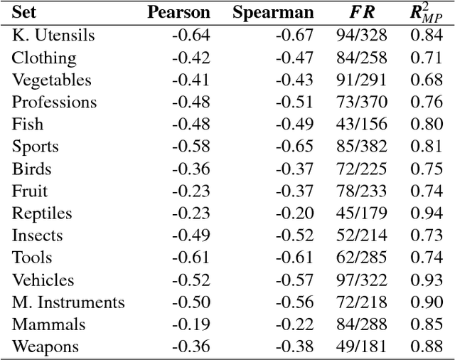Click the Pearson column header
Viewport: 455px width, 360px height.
(178, 12)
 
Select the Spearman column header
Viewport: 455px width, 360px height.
(273, 12)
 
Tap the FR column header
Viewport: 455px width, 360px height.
(359, 12)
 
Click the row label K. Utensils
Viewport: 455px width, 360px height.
(53, 36)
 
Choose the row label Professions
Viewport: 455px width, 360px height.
(54, 102)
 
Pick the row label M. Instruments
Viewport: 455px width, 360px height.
(68, 302)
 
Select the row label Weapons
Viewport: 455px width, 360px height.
(45, 347)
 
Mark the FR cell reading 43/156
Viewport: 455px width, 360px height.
(359, 125)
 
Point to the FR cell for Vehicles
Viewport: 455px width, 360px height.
(359, 280)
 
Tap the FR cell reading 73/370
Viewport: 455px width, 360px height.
(359, 102)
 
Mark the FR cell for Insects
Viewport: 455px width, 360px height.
(359, 235)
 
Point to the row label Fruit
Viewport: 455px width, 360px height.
(30, 191)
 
